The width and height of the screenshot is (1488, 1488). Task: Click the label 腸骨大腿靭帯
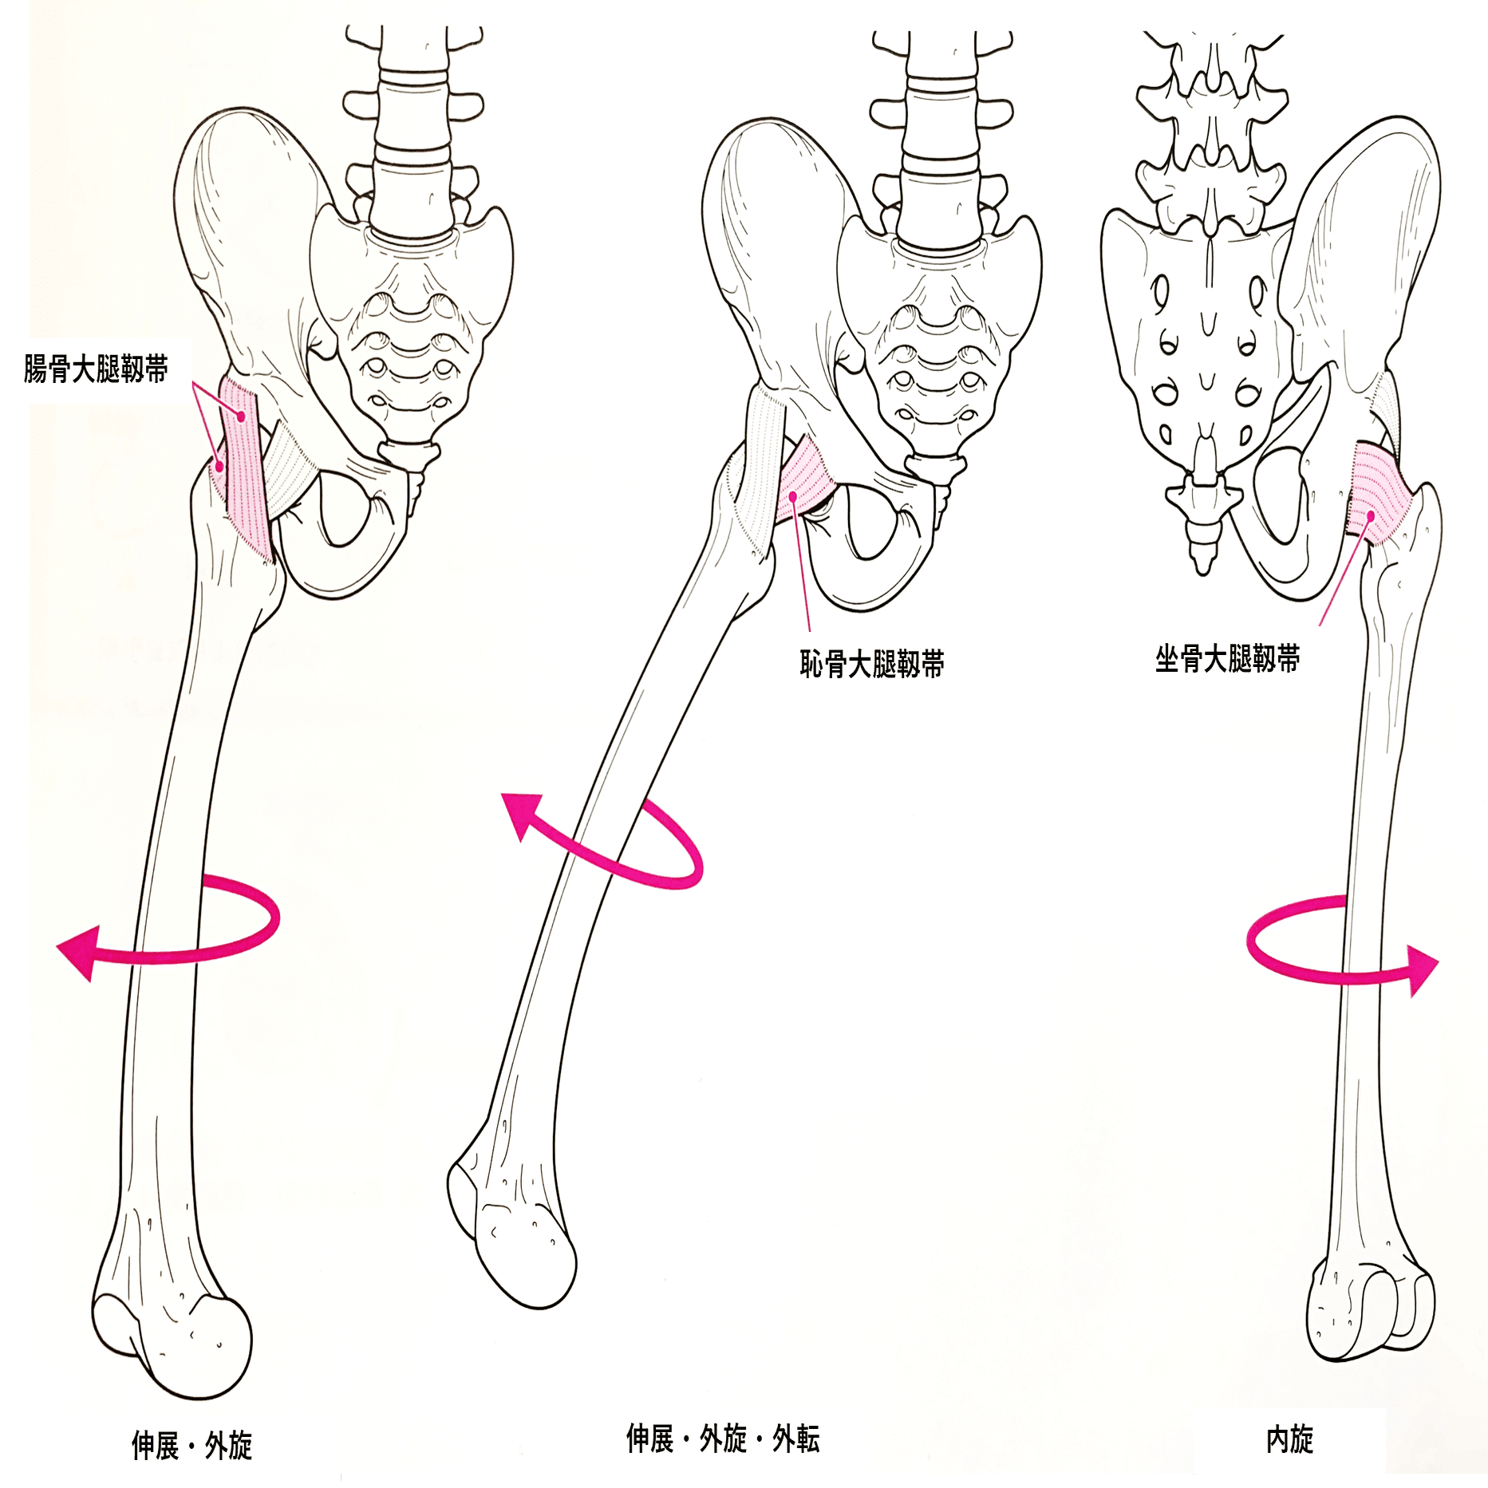(96, 369)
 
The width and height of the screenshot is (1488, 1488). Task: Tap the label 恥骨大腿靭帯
(872, 663)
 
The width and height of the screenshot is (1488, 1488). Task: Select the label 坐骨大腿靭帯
(1227, 658)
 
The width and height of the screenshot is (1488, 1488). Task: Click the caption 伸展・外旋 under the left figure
(191, 1445)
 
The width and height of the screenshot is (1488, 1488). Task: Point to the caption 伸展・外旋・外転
(723, 1439)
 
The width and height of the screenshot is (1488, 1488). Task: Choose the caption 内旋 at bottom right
(1289, 1439)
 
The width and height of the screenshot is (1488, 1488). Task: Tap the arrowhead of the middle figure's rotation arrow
(523, 815)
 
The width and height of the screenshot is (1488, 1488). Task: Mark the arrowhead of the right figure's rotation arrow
(1420, 970)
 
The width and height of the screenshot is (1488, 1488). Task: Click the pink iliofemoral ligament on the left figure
(243, 471)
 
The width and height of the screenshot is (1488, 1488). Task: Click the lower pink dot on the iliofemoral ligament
(219, 466)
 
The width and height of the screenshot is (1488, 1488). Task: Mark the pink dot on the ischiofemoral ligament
(1371, 516)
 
